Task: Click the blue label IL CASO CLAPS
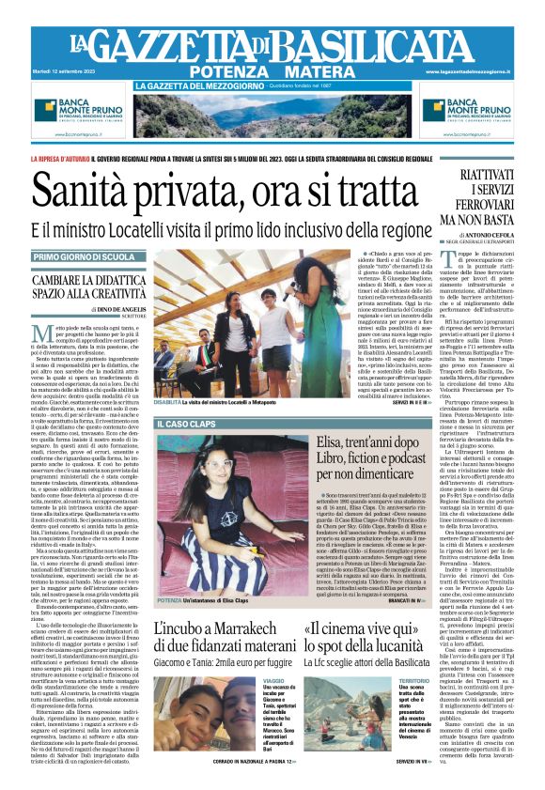pyautogui.click(x=188, y=426)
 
